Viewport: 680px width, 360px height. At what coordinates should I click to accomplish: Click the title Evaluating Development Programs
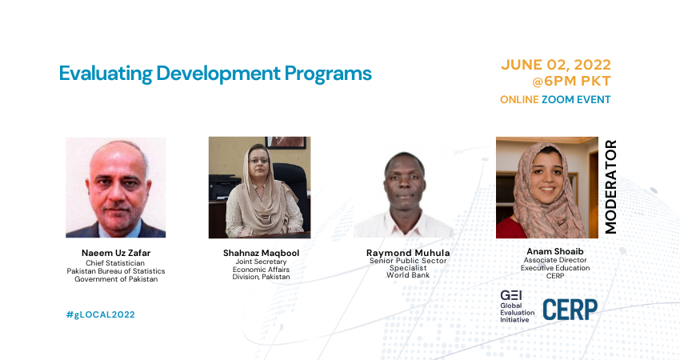215,74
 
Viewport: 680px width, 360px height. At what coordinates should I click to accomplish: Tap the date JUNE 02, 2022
555,65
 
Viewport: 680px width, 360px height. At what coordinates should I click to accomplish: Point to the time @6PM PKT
571,81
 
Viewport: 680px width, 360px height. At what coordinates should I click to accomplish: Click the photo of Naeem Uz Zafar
116,187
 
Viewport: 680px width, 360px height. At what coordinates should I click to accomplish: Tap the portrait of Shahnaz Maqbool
259,187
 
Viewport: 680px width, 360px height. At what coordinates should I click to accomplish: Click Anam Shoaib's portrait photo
547,187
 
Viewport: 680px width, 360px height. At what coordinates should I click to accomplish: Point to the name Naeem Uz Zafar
116,253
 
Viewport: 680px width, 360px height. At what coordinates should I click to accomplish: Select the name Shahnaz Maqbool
261,253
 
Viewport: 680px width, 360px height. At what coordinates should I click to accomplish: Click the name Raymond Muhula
408,253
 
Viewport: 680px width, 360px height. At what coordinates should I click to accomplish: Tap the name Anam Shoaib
555,251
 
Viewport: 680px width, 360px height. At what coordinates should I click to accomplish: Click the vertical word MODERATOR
610,187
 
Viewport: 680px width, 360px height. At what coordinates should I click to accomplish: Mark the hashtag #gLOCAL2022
101,314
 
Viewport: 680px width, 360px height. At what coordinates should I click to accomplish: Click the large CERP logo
570,310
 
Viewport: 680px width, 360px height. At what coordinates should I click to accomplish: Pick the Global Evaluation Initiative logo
517,306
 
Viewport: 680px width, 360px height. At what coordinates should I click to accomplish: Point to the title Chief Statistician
115,263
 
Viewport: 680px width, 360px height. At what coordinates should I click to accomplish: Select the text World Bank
408,275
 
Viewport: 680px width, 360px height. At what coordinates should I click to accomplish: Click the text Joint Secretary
261,262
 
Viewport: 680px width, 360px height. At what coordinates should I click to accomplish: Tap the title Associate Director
555,260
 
